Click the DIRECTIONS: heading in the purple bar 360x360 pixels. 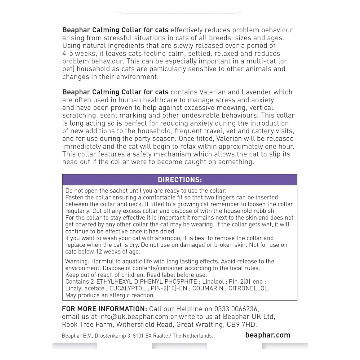pyautogui.click(x=180, y=180)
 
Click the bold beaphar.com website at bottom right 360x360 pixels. pyautogui.click(x=265, y=335)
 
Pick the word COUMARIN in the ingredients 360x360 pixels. pyautogui.click(x=208, y=288)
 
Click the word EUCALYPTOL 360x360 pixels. pyautogui.click(x=128, y=288)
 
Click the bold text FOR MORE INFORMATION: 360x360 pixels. pyautogui.click(x=104, y=309)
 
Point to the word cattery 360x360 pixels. pyautogui.click(x=260, y=131)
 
